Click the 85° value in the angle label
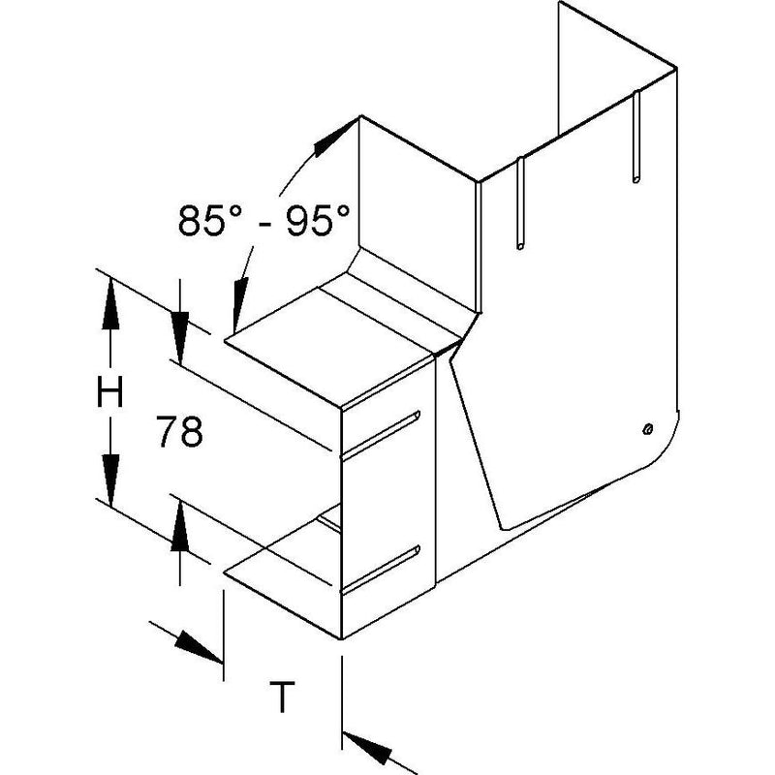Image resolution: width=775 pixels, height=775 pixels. [210, 220]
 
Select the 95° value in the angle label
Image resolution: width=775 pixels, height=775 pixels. [318, 220]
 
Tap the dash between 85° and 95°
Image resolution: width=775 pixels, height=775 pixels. [264, 225]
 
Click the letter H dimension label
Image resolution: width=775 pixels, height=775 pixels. [109, 391]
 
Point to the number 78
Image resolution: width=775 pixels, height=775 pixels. [179, 431]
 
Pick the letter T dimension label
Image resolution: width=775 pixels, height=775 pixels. [282, 697]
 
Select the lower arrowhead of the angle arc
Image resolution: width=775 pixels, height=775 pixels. [240, 303]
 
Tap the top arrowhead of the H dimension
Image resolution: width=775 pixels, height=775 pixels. [110, 304]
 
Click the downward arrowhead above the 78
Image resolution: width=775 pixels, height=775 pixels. [180, 338]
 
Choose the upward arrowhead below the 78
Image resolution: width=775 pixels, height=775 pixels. [180, 525]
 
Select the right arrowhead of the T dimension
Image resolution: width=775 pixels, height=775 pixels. [367, 748]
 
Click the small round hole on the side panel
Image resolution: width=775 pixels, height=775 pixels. [647, 429]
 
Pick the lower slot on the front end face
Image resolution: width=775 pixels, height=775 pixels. [380, 570]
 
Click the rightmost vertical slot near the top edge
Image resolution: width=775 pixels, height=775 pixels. [636, 137]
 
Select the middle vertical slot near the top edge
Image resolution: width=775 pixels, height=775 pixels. [520, 203]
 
